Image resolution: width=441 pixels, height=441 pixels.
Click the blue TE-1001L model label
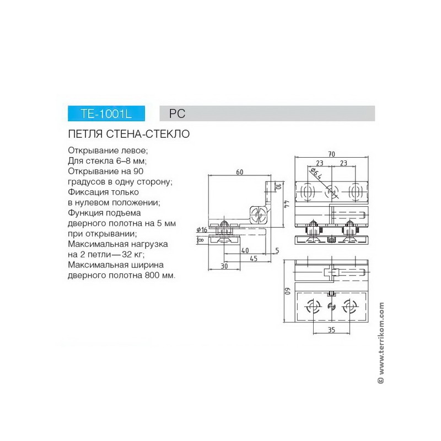click(x=106, y=114)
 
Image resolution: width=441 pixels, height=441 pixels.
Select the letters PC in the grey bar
click(x=177, y=114)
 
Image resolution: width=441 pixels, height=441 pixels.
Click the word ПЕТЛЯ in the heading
click(x=85, y=134)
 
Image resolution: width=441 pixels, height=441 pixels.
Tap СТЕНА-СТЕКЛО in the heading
click(x=148, y=134)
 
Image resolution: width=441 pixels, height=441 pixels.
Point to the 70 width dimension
click(x=332, y=154)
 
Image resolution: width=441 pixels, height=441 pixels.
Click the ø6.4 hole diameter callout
click(x=316, y=174)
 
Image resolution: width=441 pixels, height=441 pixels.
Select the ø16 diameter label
click(x=202, y=230)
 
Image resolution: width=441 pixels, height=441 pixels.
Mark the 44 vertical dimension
click(x=287, y=204)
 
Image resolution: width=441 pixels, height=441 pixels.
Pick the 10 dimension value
click(x=278, y=186)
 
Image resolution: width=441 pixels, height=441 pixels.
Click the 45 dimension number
click(x=254, y=259)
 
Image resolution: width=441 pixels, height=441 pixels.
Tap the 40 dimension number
click(x=245, y=250)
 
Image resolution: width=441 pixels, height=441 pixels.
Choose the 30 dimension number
click(x=224, y=266)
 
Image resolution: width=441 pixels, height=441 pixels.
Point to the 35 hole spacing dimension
click(x=332, y=330)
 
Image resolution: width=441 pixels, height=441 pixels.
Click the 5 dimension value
click(x=277, y=250)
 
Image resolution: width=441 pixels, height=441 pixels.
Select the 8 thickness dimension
click(x=201, y=240)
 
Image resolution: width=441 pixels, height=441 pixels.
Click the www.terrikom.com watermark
click(x=381, y=343)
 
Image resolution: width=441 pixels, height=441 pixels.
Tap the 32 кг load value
click(x=132, y=255)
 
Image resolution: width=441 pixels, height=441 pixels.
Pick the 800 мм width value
click(x=159, y=275)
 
